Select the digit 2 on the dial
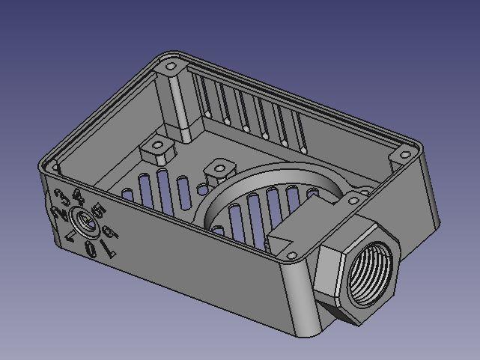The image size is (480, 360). point(58,213)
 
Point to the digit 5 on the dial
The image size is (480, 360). point(96,212)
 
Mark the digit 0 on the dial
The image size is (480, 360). point(91,249)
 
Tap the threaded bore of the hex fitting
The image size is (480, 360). point(371,276)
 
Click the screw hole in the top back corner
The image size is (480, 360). point(171,67)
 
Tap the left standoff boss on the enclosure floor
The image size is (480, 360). point(158,148)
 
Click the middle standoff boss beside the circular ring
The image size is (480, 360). point(218,169)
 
